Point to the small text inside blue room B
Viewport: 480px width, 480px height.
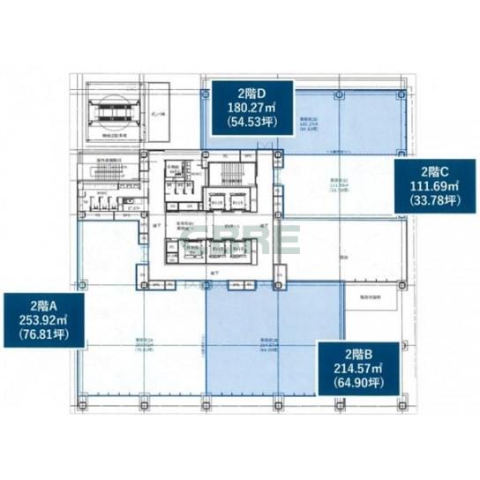coord(265,344)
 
